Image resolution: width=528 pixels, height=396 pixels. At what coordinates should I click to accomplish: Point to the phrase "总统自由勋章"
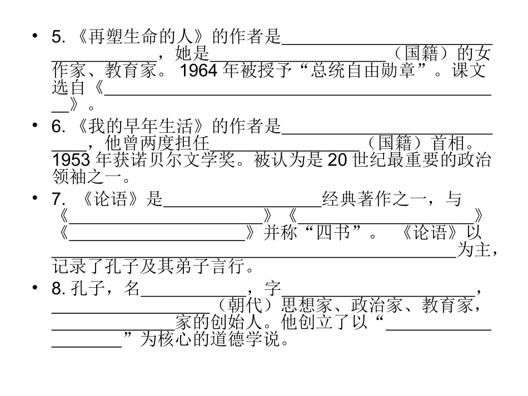pyautogui.click(x=348, y=71)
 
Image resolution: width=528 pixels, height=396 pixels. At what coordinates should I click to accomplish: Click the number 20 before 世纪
pyautogui.click(x=337, y=161)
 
